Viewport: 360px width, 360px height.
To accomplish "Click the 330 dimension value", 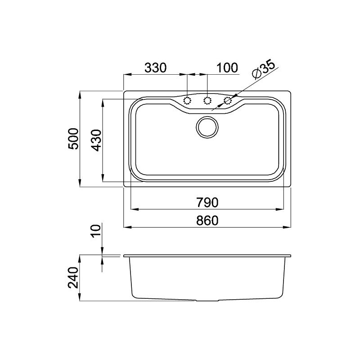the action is click(155, 67).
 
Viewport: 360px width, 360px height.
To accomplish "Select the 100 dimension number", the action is click(227, 67).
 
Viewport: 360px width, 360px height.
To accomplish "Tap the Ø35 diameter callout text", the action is click(263, 70).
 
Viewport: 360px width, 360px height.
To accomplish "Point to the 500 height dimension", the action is click(74, 139).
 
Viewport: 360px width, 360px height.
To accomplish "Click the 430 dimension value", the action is click(96, 140).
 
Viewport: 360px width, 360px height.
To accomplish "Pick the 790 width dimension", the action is click(207, 202).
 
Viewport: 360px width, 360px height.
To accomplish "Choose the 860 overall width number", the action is click(207, 220).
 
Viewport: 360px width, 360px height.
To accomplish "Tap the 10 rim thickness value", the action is click(96, 230).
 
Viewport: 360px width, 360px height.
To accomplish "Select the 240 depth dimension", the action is click(73, 277).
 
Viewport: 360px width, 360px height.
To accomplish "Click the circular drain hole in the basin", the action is click(207, 127).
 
